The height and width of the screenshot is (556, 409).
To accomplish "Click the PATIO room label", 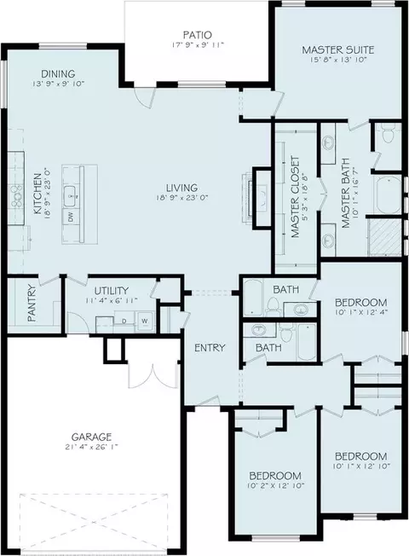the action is click(x=198, y=35).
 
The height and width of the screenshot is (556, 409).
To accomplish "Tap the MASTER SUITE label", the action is click(x=337, y=49).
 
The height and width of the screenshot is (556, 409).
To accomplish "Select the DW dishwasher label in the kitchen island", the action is click(x=71, y=217).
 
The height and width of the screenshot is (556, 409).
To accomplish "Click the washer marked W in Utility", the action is click(x=145, y=321).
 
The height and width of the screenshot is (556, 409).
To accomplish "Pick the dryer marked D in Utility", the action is click(x=124, y=321).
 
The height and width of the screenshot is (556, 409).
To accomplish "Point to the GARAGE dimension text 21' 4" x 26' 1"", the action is click(x=92, y=447).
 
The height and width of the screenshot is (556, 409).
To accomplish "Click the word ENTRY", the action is click(x=210, y=348).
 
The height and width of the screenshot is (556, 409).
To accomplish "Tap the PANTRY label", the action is click(x=32, y=304).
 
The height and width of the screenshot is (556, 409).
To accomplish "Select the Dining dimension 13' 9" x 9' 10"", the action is click(x=58, y=84).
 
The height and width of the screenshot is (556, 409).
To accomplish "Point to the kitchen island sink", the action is click(x=72, y=194).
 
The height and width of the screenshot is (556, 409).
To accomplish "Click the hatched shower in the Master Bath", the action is click(x=385, y=236).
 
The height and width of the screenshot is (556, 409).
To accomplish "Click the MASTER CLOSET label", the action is click(x=295, y=197).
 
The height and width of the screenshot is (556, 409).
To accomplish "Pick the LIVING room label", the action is click(x=181, y=188).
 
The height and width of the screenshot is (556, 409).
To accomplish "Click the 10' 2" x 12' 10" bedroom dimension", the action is click(x=275, y=485).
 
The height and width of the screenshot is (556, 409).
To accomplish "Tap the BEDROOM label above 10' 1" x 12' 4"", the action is click(x=361, y=303).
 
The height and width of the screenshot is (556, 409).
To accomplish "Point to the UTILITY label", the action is click(x=112, y=291).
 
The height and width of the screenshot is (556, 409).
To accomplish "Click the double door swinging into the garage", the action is click(x=153, y=376).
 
